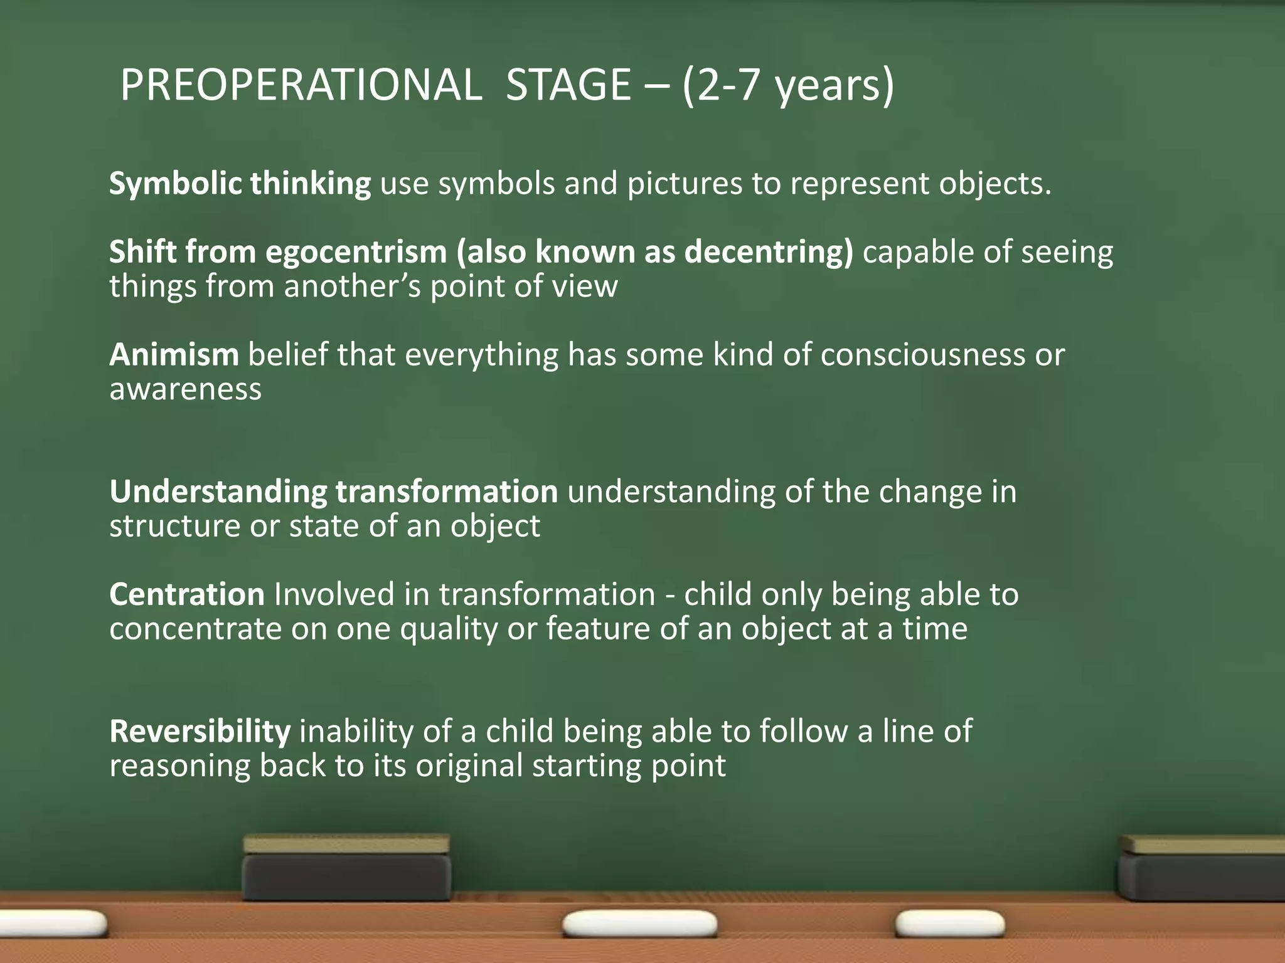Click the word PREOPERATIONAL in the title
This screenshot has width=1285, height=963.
click(x=301, y=85)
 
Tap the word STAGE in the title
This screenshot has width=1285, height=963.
click(x=568, y=85)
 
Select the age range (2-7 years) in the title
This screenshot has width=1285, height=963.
click(x=788, y=85)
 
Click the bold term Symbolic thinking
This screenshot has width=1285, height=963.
click(x=240, y=184)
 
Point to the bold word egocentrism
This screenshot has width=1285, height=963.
click(x=356, y=252)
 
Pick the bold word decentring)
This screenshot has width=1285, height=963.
click(x=769, y=252)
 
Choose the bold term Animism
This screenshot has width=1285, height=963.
click(x=174, y=355)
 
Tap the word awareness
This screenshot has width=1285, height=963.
click(x=185, y=389)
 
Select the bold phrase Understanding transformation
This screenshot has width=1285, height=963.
click(x=333, y=492)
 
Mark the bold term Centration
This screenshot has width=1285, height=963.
click(x=186, y=594)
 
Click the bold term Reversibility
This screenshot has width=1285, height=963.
click(x=200, y=732)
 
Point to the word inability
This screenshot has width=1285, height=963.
click(x=356, y=732)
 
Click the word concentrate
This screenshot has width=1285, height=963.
click(x=195, y=629)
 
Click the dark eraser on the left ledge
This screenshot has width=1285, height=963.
click(x=346, y=868)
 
